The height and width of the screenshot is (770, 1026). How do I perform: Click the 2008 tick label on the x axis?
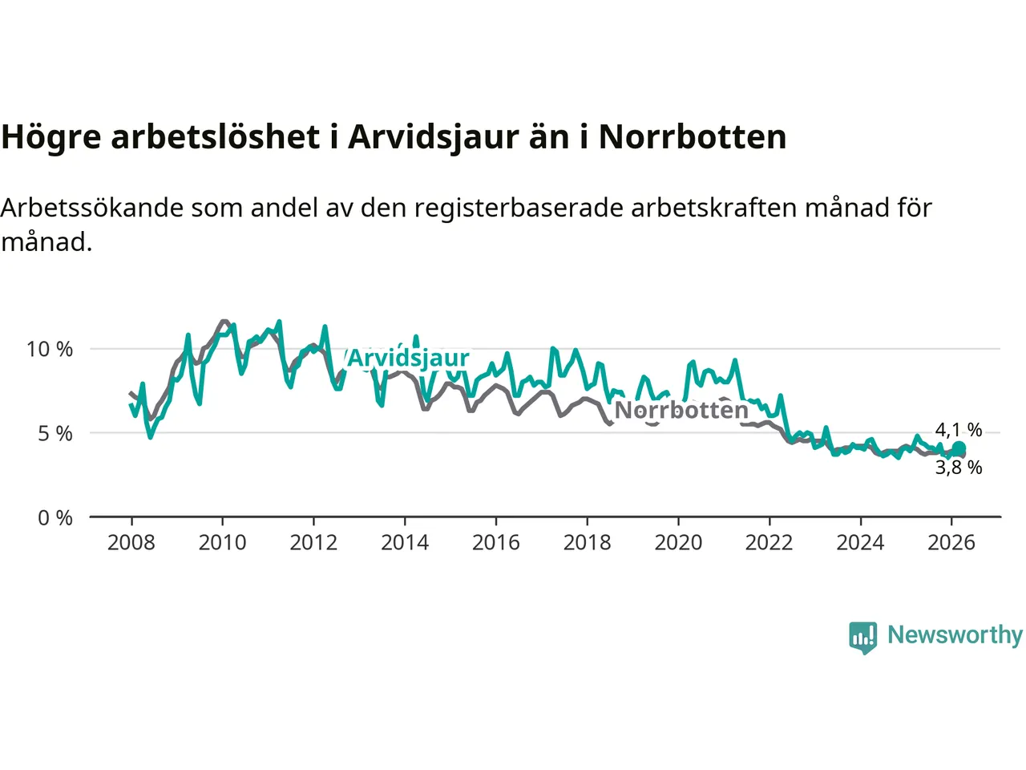click(131, 543)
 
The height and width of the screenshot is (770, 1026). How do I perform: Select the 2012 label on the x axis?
click(313, 543)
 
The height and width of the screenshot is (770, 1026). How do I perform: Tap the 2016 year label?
click(495, 543)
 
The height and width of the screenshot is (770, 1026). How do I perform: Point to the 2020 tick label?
click(678, 543)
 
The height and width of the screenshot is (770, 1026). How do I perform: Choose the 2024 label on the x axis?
click(860, 543)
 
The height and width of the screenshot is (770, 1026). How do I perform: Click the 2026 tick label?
click(951, 543)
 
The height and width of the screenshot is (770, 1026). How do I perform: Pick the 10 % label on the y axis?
click(50, 350)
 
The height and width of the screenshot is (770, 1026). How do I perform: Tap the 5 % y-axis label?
click(55, 434)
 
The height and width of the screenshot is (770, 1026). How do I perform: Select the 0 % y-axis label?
click(55, 518)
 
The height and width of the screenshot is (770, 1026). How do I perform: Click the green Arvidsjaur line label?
click(408, 358)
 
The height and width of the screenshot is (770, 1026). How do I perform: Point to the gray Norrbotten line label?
click(681, 411)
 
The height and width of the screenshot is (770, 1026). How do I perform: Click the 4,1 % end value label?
click(959, 431)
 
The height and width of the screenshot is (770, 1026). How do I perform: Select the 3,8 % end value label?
click(959, 468)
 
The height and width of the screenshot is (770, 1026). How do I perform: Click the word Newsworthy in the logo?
click(955, 635)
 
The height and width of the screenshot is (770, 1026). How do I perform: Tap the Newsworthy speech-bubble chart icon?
click(863, 638)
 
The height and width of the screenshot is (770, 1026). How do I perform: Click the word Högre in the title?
click(51, 137)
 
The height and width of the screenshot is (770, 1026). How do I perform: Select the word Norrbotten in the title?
click(693, 137)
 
